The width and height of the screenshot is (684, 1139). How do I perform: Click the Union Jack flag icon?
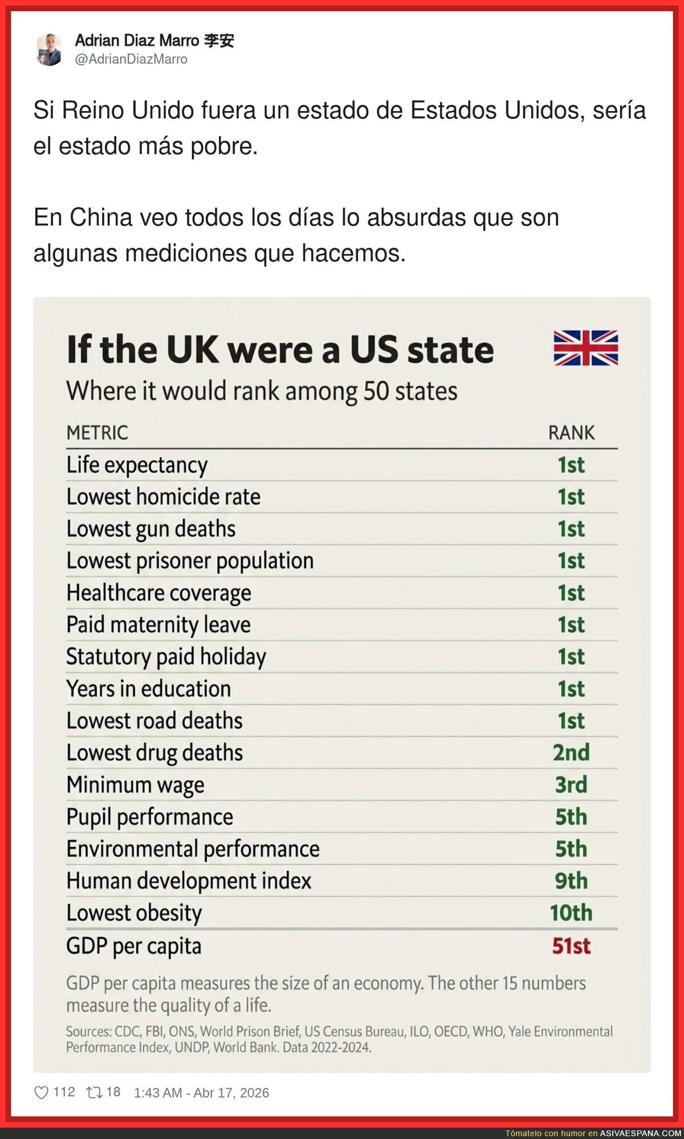point(585,347)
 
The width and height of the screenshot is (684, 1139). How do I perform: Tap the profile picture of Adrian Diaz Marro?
point(49,50)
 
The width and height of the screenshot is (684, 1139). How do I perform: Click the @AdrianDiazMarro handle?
point(131,59)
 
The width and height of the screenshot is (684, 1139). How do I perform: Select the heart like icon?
point(41,1092)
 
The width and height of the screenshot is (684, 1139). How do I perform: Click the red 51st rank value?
point(571,946)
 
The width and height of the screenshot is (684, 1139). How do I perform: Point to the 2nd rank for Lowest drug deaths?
point(571,752)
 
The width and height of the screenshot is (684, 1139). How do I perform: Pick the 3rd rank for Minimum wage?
point(571,784)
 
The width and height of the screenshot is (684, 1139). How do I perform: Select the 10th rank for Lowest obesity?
point(571,913)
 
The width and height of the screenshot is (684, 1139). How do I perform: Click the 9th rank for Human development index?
point(571,881)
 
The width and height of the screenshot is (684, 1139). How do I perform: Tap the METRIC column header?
point(97,433)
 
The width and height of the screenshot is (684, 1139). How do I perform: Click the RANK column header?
point(571,433)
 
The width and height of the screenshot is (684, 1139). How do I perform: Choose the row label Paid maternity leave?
point(158,625)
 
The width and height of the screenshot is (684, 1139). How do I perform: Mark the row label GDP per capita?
point(134,946)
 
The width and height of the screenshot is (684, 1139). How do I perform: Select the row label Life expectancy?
point(137,465)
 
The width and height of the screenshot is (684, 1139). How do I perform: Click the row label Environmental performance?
point(193,849)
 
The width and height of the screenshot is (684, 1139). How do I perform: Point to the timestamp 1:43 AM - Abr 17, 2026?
point(201,1092)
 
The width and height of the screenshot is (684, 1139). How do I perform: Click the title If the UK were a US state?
point(280,350)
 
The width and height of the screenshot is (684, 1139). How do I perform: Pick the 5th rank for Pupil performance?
point(571,817)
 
